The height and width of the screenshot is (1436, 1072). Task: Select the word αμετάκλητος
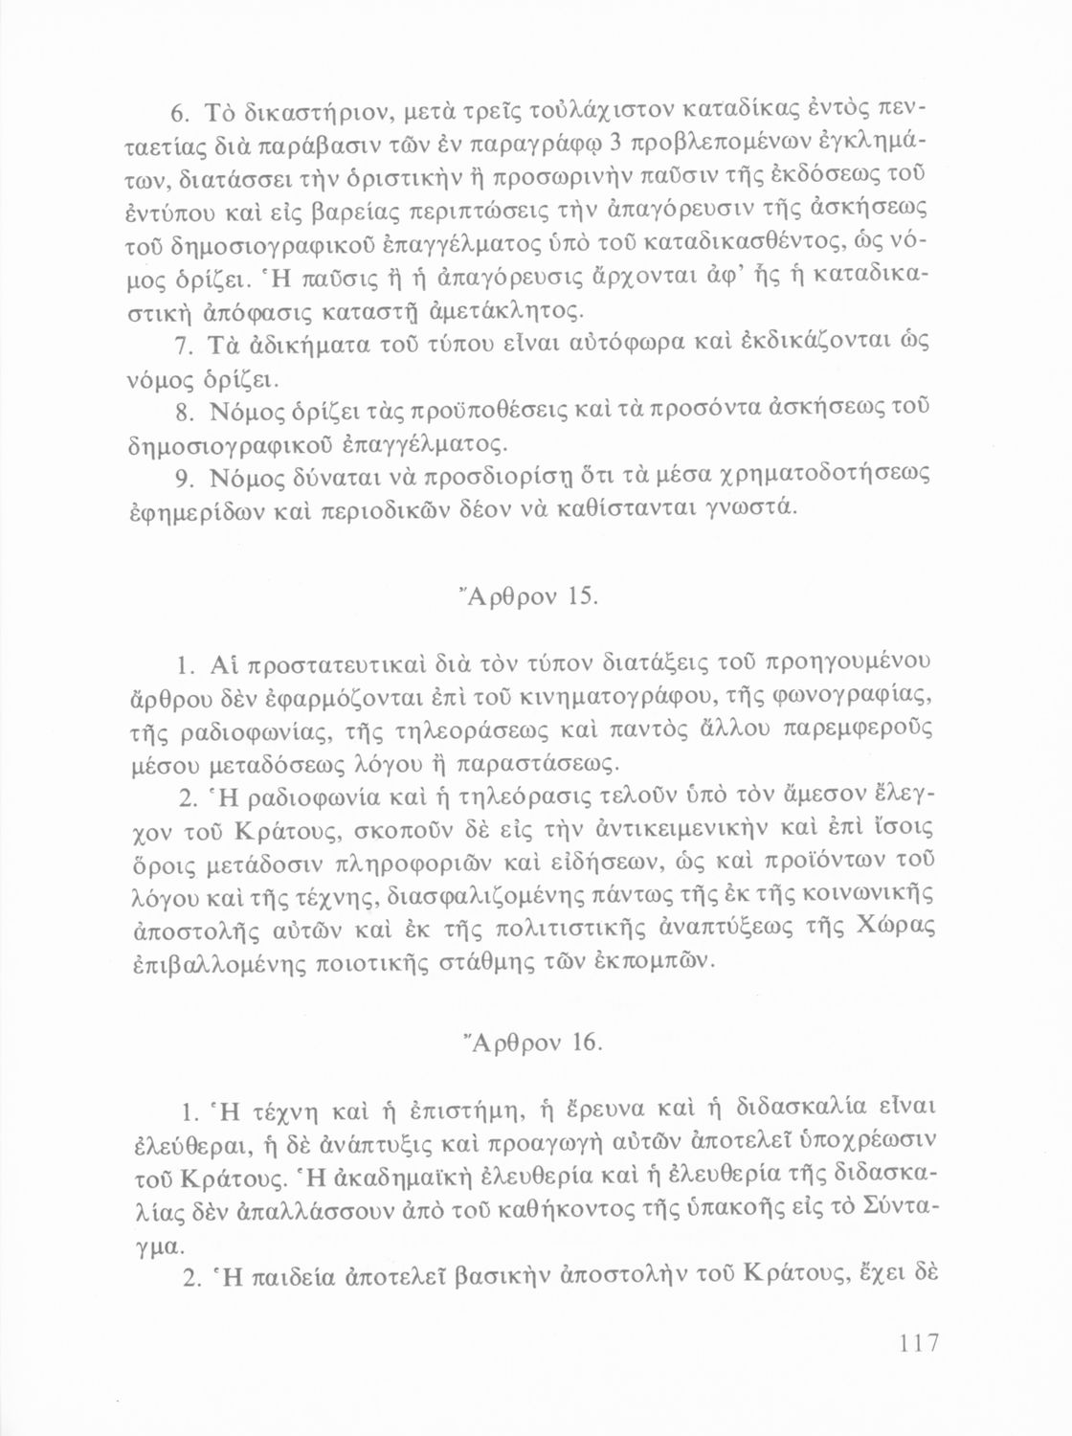click(515, 311)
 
